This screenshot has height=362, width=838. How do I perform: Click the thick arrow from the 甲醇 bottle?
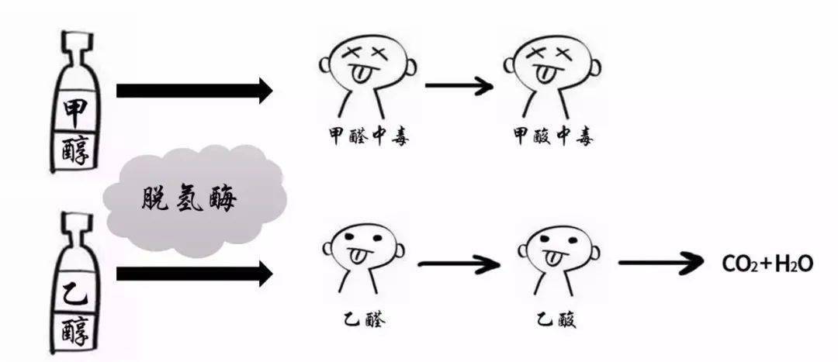194,91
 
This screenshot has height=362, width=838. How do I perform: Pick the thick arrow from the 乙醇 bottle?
194,273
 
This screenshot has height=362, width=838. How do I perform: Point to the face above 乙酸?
556,248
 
